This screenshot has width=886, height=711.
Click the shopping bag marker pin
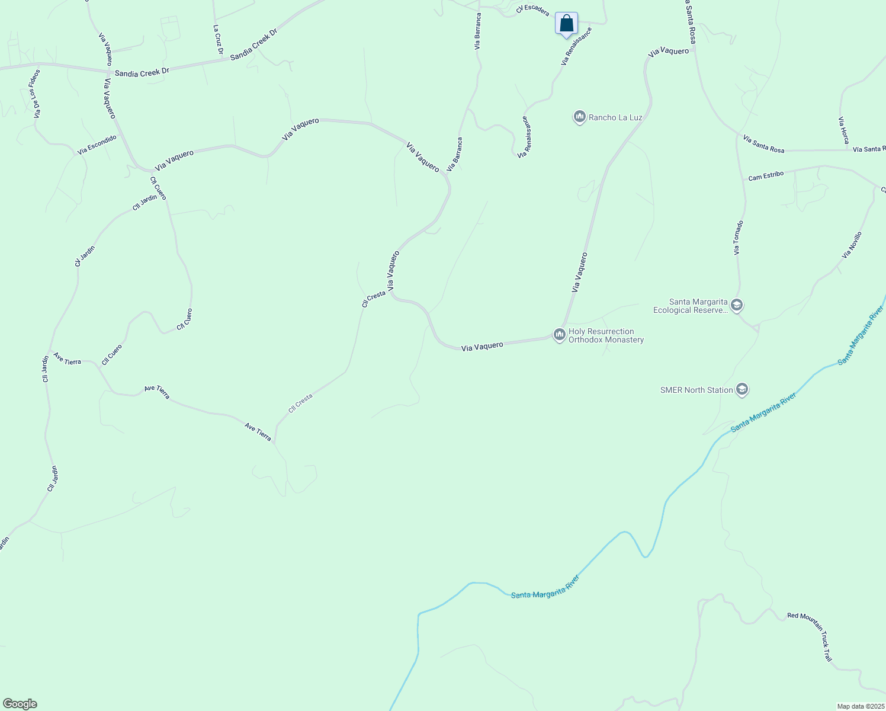566,24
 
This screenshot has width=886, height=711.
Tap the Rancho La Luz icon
579,117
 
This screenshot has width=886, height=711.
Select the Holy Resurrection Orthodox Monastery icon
559,335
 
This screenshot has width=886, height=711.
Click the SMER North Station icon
742,389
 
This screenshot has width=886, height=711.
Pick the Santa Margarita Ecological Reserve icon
737,305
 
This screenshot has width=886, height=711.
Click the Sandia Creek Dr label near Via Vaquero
142,72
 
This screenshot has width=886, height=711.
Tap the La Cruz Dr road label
218,40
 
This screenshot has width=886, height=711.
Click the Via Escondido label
97,145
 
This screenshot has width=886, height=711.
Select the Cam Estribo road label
766,176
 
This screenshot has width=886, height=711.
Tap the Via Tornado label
738,238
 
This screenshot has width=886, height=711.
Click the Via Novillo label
852,245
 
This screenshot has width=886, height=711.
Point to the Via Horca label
843,130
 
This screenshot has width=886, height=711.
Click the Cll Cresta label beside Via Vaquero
373,298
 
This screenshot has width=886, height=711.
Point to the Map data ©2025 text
860,706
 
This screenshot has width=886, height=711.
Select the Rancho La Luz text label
615,117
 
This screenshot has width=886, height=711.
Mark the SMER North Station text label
696,390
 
